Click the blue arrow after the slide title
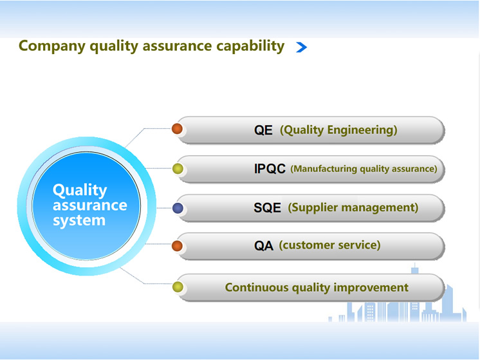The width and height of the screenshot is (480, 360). tap(302, 47)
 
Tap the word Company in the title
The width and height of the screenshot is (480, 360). tap(52, 46)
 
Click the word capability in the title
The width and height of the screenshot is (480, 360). tap(250, 46)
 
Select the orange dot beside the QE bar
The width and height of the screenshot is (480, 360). tap(177, 129)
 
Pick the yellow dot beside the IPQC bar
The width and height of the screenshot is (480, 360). tap(178, 169)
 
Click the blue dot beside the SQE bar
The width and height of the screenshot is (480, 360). tap(178, 209)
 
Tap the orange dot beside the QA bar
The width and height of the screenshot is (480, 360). tap(177, 246)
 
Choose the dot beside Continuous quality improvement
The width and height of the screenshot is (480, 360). tap(178, 287)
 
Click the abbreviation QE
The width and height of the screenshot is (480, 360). tap(263, 130)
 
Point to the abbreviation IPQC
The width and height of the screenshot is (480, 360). tap(270, 169)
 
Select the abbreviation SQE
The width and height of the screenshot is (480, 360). tap(267, 208)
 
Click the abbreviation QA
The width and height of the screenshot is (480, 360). tap(264, 246)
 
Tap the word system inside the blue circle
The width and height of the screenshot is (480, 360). tap(79, 221)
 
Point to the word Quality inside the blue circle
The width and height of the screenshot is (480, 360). tap(80, 191)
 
